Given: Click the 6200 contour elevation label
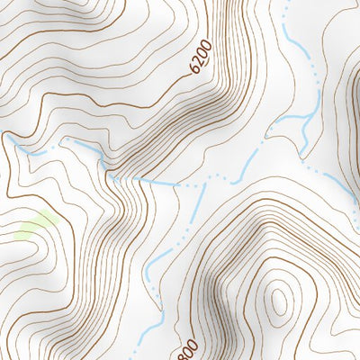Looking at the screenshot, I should pos(202,57).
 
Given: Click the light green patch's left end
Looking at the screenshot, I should pos(20,232).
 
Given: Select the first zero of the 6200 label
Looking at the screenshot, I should pos(204,53).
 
